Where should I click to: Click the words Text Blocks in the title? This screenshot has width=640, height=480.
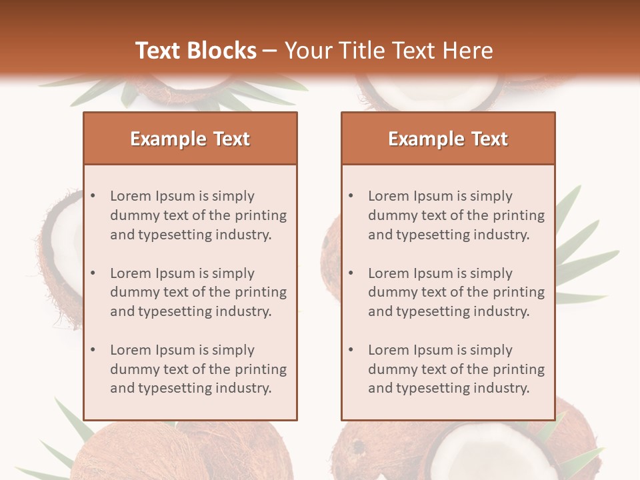[x=196, y=51]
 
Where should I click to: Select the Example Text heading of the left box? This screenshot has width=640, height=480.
[x=190, y=139]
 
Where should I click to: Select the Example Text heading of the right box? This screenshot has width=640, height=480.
[x=448, y=139]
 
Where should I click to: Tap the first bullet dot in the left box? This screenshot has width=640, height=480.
[x=93, y=196]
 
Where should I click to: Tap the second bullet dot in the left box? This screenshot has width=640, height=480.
[x=93, y=273]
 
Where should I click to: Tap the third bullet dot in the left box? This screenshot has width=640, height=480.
[x=93, y=350]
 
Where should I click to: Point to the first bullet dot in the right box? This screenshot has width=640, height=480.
[x=351, y=196]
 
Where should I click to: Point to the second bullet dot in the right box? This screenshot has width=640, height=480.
[x=351, y=273]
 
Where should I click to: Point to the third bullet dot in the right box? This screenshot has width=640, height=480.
[x=351, y=350]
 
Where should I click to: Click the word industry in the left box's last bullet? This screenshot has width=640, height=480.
[x=243, y=388]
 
